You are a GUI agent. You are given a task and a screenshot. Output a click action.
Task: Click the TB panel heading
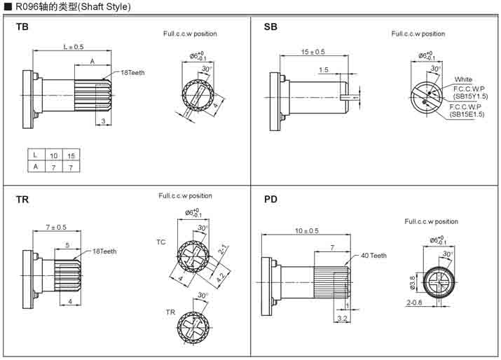point(22,27)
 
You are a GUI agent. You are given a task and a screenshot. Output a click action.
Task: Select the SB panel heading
point(270,27)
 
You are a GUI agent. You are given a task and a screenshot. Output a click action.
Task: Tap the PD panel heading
point(271,200)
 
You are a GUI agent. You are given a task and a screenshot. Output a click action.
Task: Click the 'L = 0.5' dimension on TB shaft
point(73,47)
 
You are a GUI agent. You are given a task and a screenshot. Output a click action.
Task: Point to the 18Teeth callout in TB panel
point(133,72)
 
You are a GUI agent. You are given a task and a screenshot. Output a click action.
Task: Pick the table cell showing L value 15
point(71,155)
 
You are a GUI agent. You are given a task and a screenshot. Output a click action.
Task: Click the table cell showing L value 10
point(53,155)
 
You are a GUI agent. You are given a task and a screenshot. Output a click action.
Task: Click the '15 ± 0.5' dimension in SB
point(313,52)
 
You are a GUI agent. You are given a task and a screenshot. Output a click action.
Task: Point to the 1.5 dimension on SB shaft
point(323,69)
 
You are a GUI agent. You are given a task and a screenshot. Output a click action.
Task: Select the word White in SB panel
point(463,79)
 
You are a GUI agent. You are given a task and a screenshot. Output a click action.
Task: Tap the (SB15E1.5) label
point(467,113)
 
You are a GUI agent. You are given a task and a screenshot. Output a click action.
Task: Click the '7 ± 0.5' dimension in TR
point(56,227)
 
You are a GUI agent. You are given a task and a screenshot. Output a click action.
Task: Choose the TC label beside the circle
point(160,242)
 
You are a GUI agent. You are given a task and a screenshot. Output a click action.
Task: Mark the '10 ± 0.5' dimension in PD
point(306,230)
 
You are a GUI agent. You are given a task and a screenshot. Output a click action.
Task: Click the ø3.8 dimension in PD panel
point(411,282)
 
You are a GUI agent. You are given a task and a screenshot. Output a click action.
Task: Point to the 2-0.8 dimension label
point(414,303)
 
